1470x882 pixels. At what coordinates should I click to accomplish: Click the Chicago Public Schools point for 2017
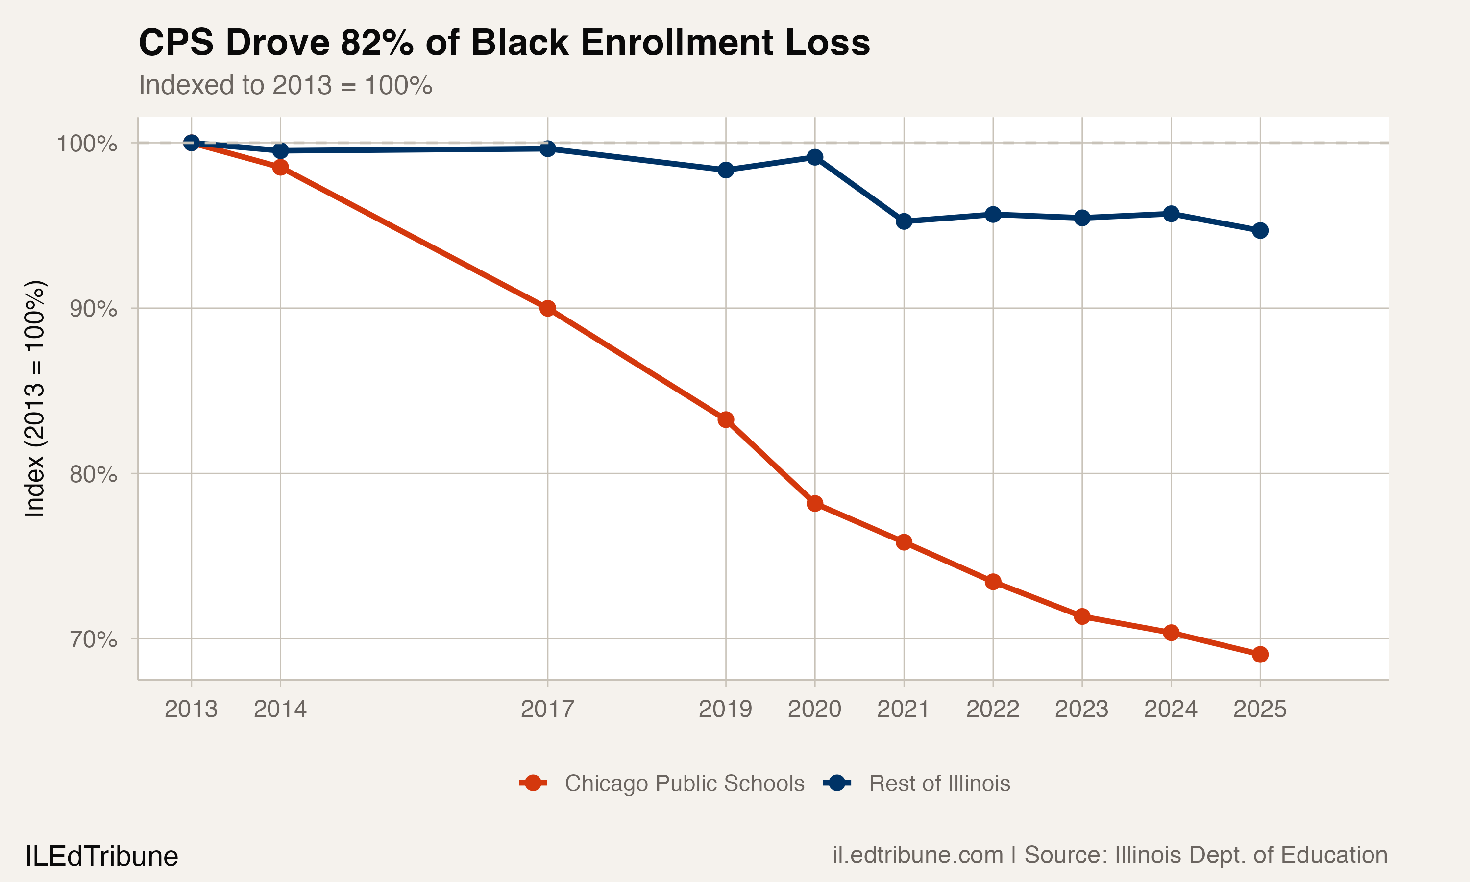[x=547, y=309]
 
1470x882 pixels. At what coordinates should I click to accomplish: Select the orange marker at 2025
[x=1260, y=654]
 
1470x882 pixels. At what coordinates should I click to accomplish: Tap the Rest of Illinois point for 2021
[x=904, y=221]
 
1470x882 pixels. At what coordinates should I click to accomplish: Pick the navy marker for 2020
[x=814, y=157]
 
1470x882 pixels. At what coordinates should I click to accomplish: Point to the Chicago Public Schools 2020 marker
[x=814, y=503]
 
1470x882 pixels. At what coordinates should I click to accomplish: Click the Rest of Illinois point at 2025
[x=1260, y=231]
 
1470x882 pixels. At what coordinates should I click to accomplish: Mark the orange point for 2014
[x=280, y=168]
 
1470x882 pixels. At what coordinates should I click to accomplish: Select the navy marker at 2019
[x=726, y=170]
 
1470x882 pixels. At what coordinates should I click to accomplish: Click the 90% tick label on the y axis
[x=93, y=309]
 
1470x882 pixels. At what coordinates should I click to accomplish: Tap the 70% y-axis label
[x=93, y=639]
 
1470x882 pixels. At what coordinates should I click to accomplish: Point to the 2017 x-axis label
[x=547, y=709]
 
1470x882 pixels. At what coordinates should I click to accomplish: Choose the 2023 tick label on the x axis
[x=1081, y=709]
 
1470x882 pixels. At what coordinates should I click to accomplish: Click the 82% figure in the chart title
[x=377, y=43]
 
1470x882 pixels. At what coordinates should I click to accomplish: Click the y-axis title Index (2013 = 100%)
[x=34, y=398]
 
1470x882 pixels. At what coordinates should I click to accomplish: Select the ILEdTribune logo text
[x=101, y=857]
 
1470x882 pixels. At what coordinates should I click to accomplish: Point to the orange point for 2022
[x=993, y=582]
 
